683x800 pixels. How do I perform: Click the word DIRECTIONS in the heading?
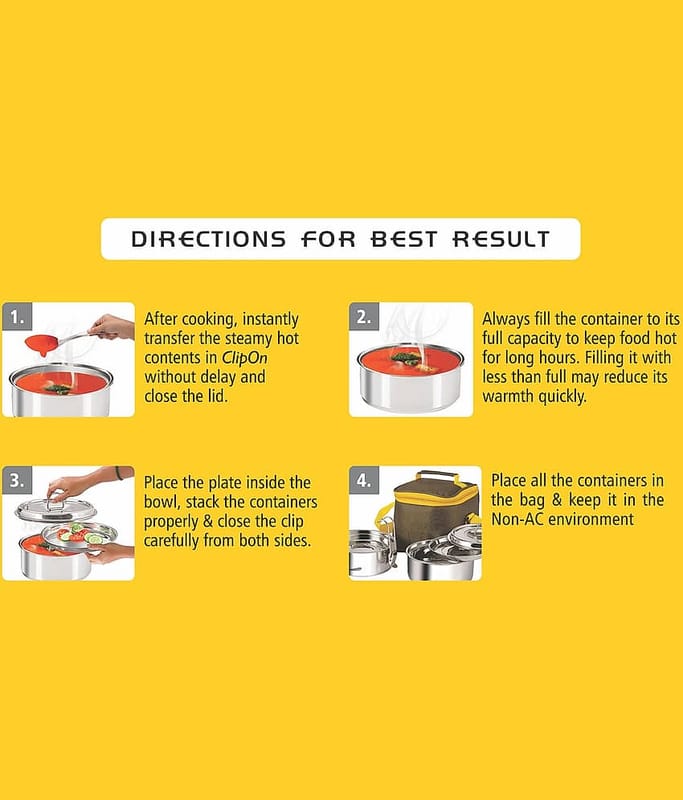tap(208, 239)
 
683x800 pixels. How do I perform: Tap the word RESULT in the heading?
tap(501, 239)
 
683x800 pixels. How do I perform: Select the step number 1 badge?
tap(17, 317)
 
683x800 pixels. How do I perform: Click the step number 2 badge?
tap(364, 317)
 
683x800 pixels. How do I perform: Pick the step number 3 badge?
tap(17, 480)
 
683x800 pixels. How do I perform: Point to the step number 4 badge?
tap(364, 480)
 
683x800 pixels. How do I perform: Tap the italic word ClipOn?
tap(244, 358)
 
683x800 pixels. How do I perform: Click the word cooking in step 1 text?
tap(210, 320)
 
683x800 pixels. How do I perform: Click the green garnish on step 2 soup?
tap(407, 358)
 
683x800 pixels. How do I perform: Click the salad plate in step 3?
tap(79, 535)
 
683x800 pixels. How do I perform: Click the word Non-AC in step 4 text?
tap(517, 519)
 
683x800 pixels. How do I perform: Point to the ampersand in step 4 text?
tap(556, 499)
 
